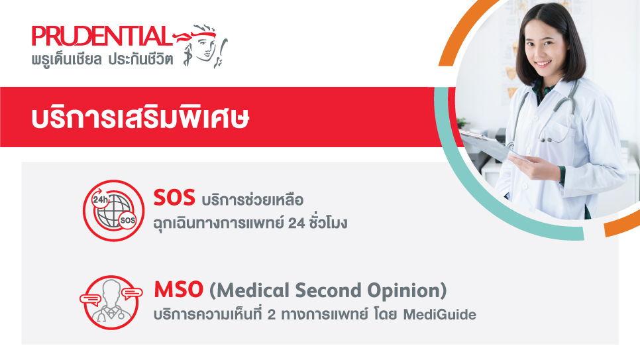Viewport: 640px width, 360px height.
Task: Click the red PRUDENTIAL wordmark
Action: click(x=101, y=36)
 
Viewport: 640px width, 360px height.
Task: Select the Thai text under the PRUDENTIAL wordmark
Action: click(x=102, y=59)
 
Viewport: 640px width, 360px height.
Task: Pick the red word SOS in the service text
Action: click(x=173, y=198)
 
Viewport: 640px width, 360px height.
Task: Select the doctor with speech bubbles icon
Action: click(x=111, y=302)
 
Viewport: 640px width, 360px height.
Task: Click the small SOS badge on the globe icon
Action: click(x=128, y=219)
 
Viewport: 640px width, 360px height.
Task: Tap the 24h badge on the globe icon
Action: click(x=100, y=199)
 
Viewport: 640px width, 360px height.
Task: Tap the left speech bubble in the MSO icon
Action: click(x=89, y=298)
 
